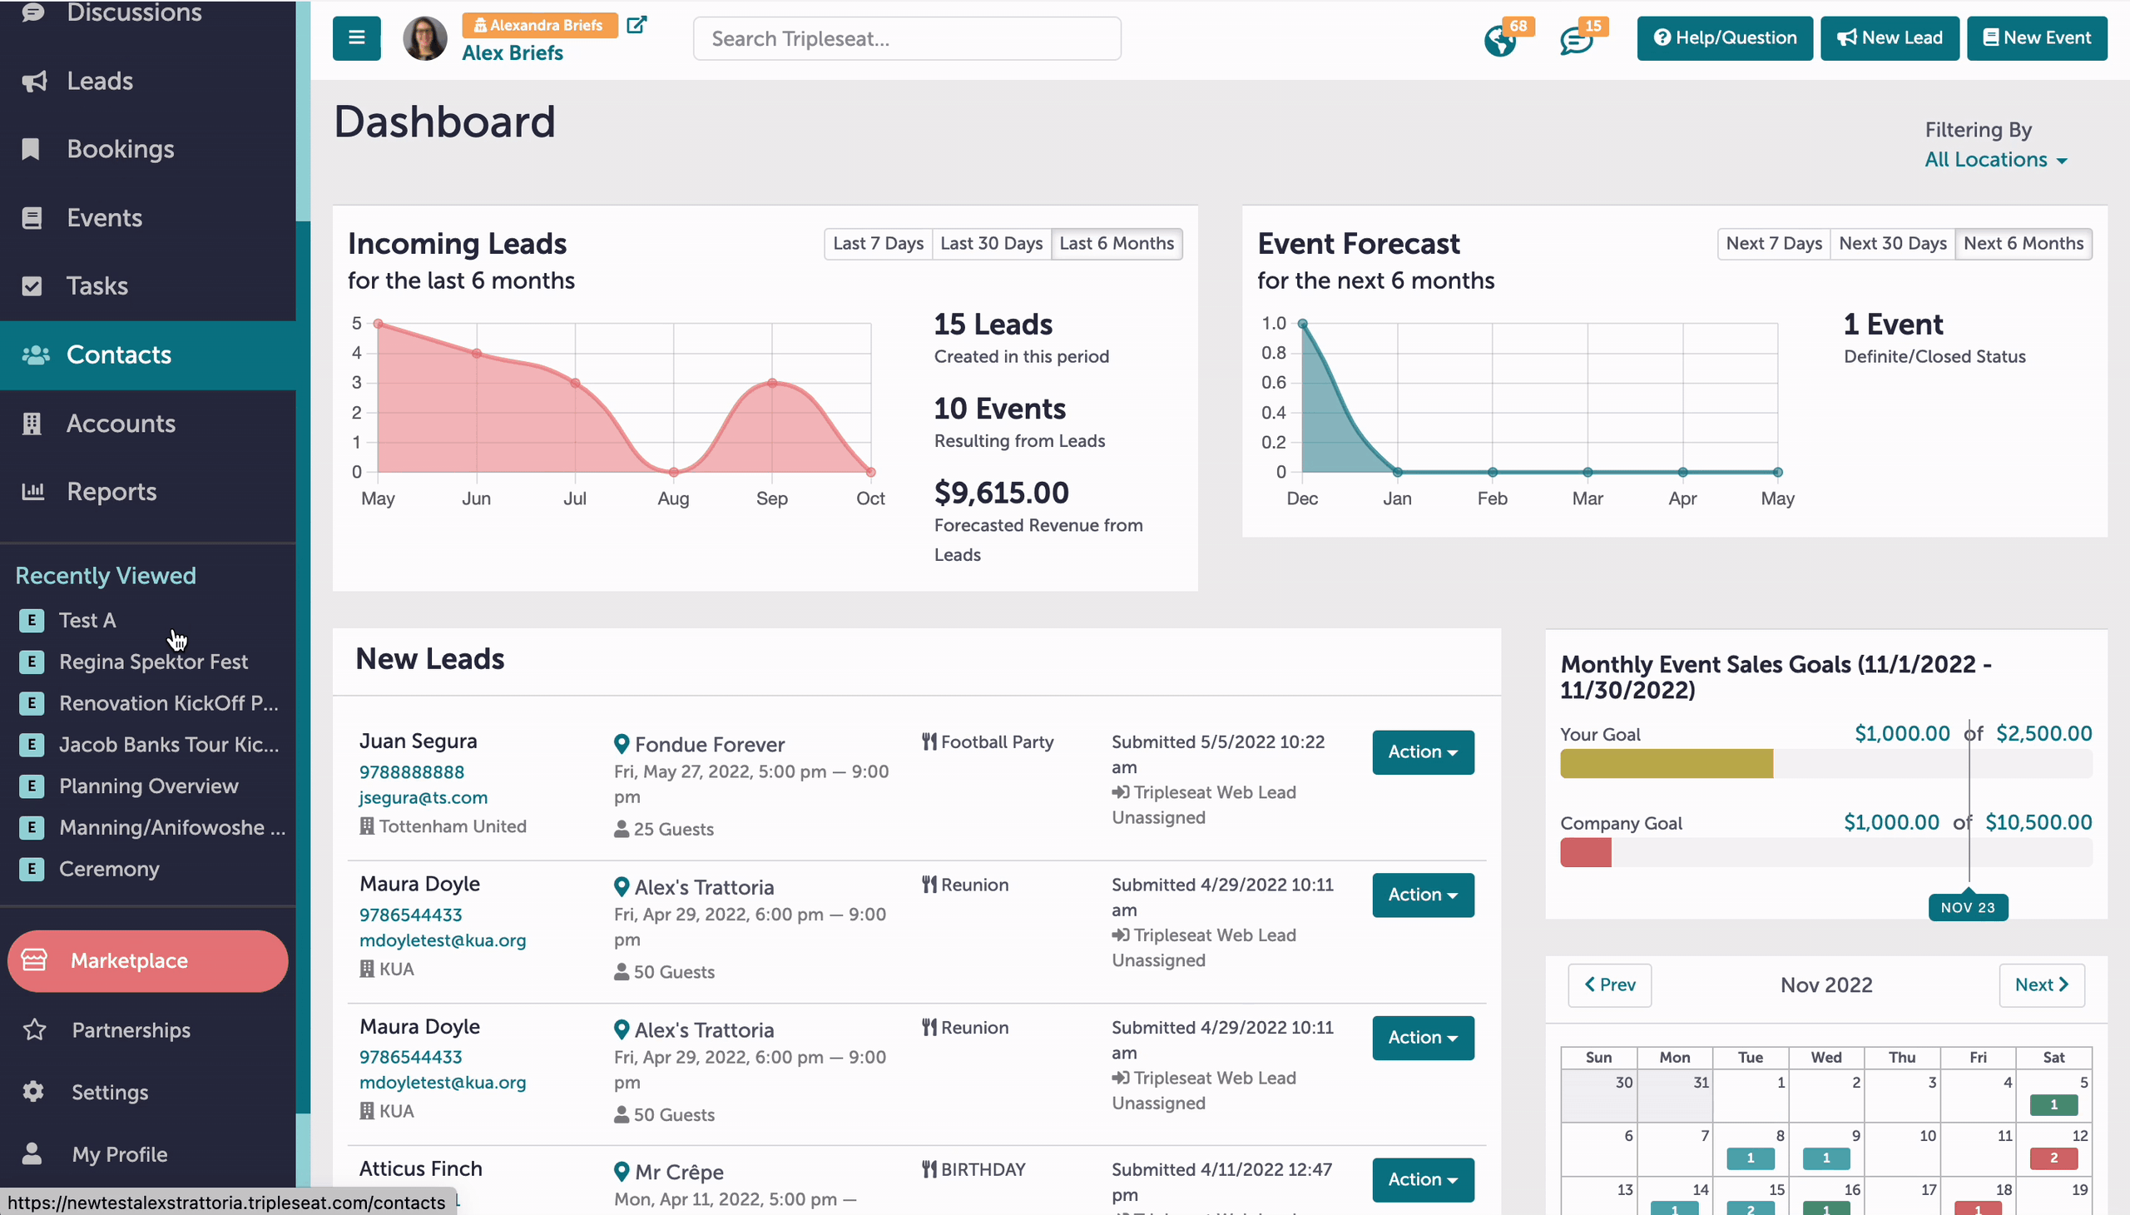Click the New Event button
pyautogui.click(x=2037, y=38)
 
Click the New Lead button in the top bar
pyautogui.click(x=1890, y=38)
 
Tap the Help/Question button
pyautogui.click(x=1725, y=38)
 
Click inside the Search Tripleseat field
pyautogui.click(x=907, y=38)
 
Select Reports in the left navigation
pyautogui.click(x=111, y=492)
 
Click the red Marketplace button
pyautogui.click(x=147, y=960)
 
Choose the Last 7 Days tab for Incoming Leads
pyautogui.click(x=878, y=244)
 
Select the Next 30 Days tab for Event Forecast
pyautogui.click(x=1892, y=244)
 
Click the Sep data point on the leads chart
pyautogui.click(x=772, y=383)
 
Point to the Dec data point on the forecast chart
pyautogui.click(x=1302, y=324)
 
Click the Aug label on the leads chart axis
pyautogui.click(x=673, y=498)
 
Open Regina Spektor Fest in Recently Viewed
pyautogui.click(x=154, y=662)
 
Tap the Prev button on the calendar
pyautogui.click(x=1609, y=984)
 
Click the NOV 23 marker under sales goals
pyautogui.click(x=1967, y=907)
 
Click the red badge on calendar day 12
pyautogui.click(x=2053, y=1158)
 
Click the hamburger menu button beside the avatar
pyautogui.click(x=356, y=38)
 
